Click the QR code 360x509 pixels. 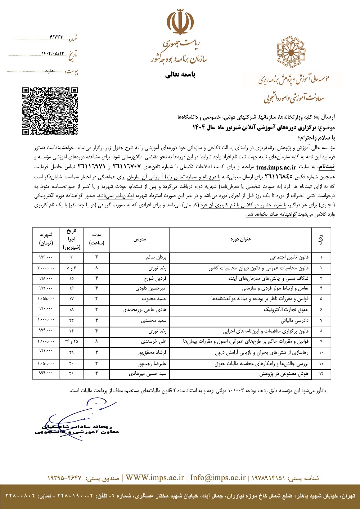(50, 111)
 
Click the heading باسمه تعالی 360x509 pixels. (180, 75)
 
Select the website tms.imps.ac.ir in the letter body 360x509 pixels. (276, 167)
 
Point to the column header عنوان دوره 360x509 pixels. (240, 239)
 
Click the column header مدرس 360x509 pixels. (140, 239)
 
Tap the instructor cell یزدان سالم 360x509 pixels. (157, 257)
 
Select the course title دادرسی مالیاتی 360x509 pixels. (295, 320)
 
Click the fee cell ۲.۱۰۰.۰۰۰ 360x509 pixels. (46, 341)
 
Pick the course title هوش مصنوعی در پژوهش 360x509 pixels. (284, 374)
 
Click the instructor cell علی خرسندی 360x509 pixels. (154, 341)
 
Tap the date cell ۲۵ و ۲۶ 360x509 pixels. (71, 341)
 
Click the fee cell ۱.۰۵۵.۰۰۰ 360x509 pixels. (46, 298)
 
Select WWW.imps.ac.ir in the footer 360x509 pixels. (155, 478)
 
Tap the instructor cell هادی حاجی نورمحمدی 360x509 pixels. (145, 310)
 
